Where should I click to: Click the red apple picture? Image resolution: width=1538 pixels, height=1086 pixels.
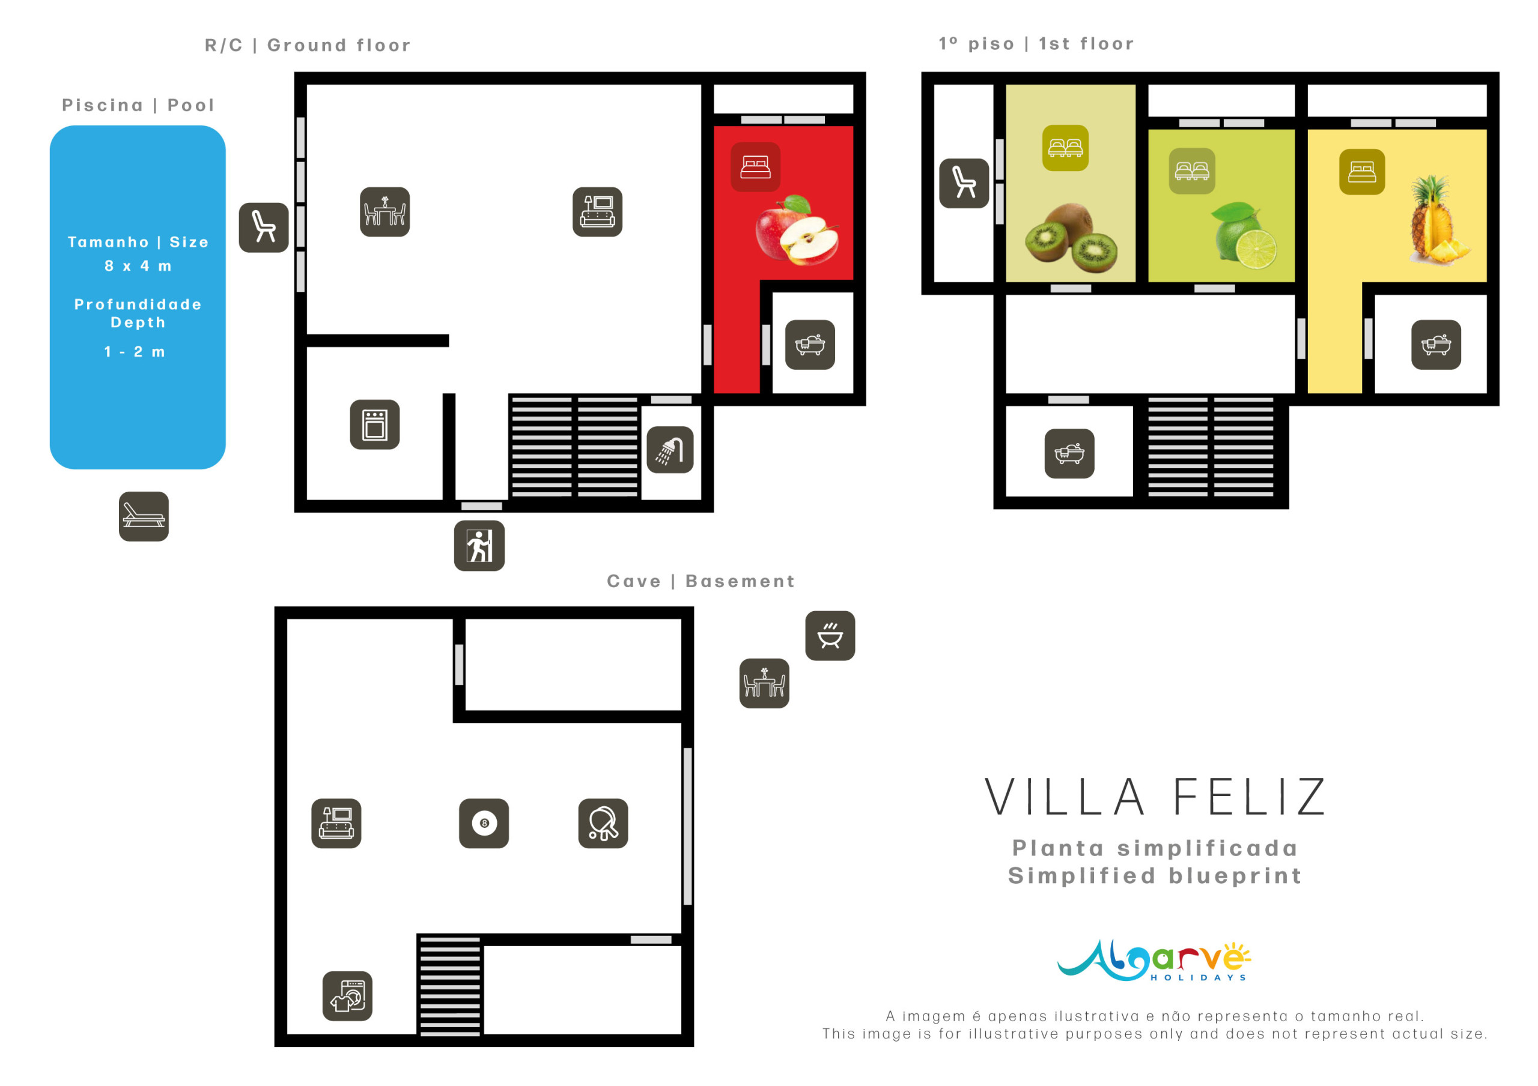(797, 231)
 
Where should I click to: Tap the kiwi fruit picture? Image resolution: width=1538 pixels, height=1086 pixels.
(1071, 238)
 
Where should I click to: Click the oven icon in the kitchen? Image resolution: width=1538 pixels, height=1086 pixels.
(375, 424)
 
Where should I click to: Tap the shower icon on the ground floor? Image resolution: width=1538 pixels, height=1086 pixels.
(670, 450)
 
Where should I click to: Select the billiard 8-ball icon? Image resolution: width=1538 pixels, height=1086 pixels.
(484, 824)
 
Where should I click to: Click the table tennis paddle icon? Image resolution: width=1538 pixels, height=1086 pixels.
(603, 824)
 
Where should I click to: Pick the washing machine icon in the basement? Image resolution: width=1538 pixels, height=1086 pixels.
(347, 997)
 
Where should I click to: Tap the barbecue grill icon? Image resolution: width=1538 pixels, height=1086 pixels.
(830, 636)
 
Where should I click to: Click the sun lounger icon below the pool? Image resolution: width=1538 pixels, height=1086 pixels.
(144, 517)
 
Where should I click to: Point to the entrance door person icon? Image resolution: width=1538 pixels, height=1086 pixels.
(479, 546)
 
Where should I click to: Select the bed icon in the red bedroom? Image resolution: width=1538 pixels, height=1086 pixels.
(756, 167)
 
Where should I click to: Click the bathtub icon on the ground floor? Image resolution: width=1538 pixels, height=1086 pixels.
(810, 345)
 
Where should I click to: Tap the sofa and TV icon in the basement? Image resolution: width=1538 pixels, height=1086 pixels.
(336, 824)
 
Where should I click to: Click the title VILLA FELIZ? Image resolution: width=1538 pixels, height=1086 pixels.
(1155, 797)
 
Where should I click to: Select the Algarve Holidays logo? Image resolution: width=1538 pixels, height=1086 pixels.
(1153, 961)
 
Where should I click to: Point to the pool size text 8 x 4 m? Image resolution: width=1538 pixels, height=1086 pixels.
(138, 267)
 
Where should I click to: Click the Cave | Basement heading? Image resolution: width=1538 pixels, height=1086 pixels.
(701, 581)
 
